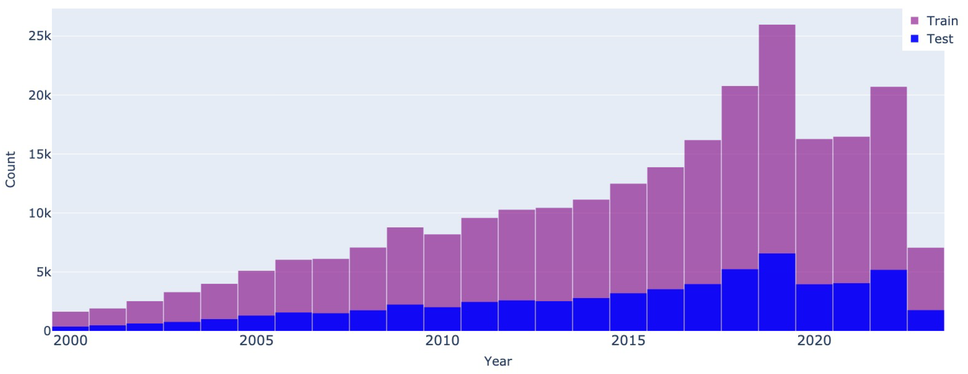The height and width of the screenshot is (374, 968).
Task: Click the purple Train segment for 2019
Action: (777, 139)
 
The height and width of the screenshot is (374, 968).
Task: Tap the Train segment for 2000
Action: (70, 319)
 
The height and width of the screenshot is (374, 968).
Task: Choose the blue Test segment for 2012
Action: (517, 315)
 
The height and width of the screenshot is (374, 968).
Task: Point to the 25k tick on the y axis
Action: (40, 36)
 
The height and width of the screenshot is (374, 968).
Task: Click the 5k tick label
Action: (43, 272)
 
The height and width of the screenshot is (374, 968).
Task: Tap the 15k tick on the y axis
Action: (40, 154)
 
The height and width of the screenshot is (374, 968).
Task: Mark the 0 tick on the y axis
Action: (47, 331)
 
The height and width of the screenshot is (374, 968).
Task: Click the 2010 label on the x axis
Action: (442, 341)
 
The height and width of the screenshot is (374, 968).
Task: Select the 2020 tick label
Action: (814, 341)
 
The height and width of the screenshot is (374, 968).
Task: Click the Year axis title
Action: (498, 361)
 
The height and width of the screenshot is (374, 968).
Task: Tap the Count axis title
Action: (10, 170)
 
